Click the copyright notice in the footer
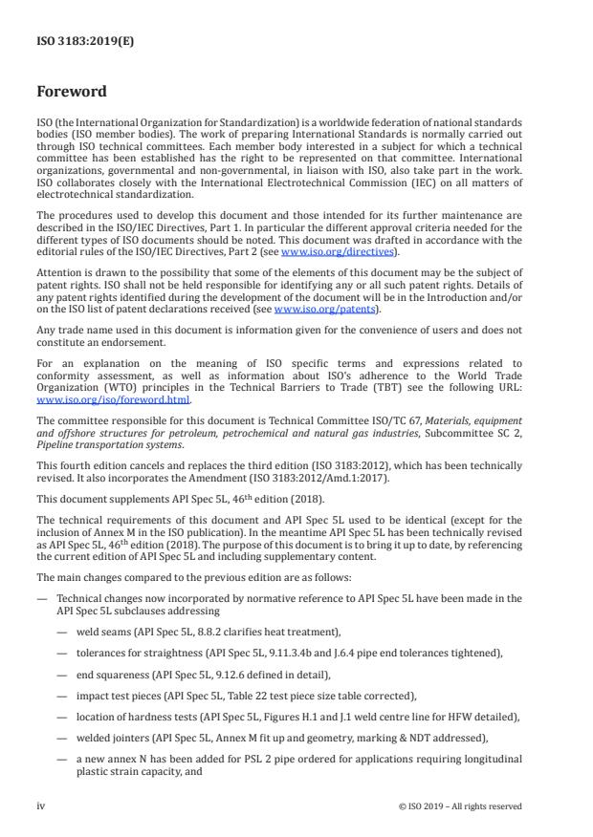[460, 806]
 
